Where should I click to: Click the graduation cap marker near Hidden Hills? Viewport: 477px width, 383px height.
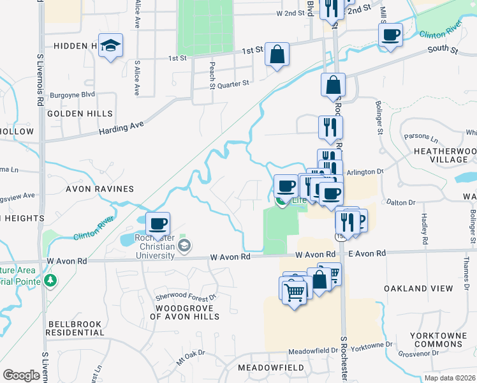tap(111, 46)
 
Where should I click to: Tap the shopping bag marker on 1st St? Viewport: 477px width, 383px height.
tap(277, 55)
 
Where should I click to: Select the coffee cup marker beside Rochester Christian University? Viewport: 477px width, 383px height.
tap(158, 224)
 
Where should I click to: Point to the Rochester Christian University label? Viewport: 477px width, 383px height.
tap(156, 247)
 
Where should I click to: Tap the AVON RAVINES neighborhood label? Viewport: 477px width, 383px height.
tap(99, 189)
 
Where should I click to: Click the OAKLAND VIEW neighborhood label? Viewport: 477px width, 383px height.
tap(418, 289)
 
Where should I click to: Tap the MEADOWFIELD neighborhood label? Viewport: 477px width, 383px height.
tap(264, 368)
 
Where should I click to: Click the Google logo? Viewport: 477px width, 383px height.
tap(21, 375)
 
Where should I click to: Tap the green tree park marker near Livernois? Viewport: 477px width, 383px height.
tap(50, 280)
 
